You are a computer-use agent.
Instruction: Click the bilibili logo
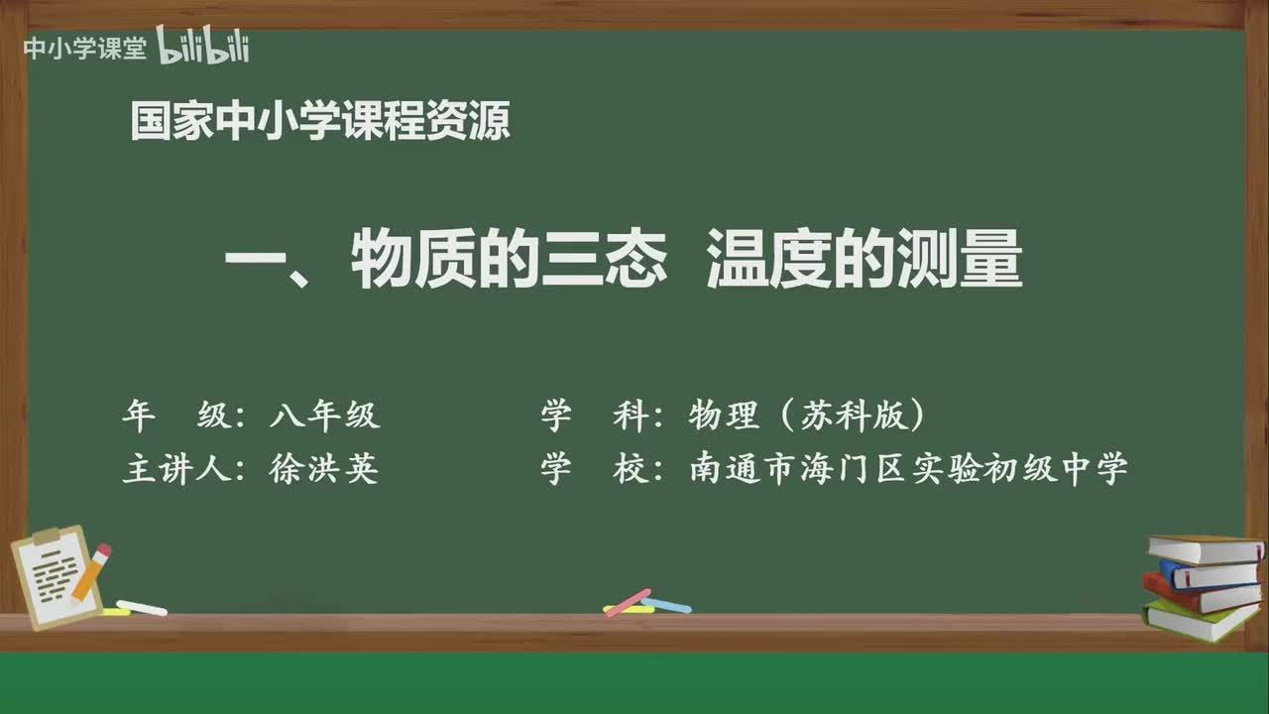pos(203,47)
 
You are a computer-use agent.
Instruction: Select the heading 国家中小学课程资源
pos(320,122)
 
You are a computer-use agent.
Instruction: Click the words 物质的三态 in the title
pos(509,265)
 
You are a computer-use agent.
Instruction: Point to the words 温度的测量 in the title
pos(864,265)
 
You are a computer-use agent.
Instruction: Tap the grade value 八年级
pos(324,416)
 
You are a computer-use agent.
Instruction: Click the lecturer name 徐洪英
pos(324,469)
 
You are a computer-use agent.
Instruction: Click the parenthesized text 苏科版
pos(853,416)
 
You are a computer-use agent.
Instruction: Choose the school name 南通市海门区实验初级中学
pos(909,469)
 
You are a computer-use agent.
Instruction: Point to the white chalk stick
pos(142,607)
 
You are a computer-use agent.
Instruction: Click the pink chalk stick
pos(628,602)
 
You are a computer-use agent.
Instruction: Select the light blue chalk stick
pos(666,604)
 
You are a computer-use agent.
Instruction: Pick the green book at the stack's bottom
pos(1200,621)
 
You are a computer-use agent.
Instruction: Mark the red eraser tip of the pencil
pos(104,550)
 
